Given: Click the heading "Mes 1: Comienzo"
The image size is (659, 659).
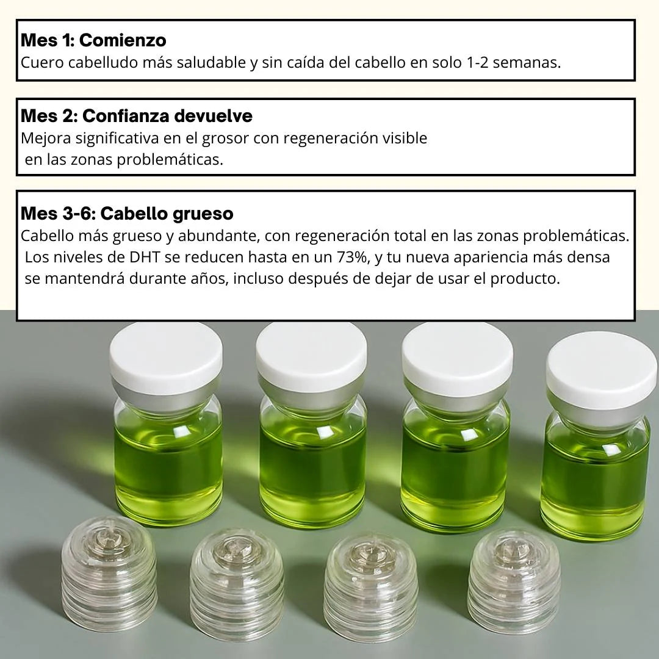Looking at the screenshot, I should [93, 40].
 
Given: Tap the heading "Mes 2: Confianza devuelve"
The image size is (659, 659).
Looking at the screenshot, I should [137, 115].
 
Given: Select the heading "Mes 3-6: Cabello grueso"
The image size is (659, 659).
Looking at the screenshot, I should [127, 214].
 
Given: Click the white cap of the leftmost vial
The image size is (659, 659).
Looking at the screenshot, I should [165, 355].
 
